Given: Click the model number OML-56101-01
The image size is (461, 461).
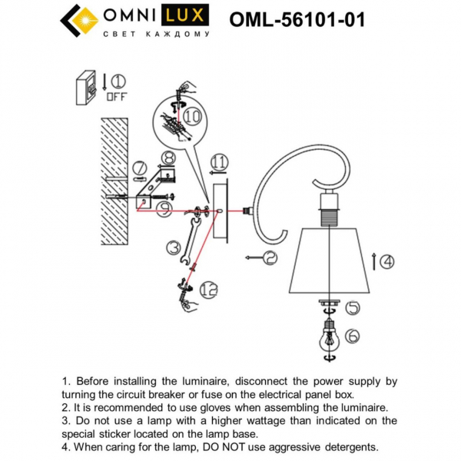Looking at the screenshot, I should point(297,20).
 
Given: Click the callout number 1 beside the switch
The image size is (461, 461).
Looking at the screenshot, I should point(118,81).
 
